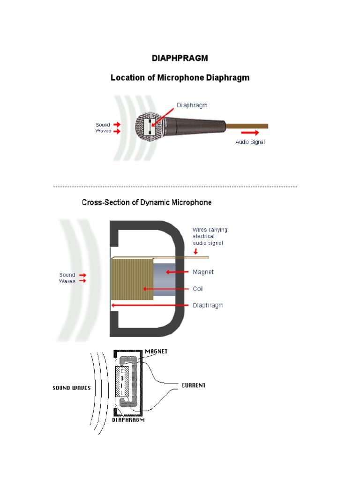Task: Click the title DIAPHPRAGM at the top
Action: pos(180,59)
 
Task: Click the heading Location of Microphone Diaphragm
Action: pos(180,78)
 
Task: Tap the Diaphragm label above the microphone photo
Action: pos(192,105)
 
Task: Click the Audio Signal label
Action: pos(250,142)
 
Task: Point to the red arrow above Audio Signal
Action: pos(250,133)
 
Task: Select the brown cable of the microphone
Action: pos(247,126)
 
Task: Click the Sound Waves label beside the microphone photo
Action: pos(103,128)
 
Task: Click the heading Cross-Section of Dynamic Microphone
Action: pos(146,202)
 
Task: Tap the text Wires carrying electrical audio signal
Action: pos(210,236)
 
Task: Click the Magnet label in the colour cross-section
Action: pos(203,272)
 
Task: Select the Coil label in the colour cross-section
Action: pos(198,289)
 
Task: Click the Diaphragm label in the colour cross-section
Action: pos(208,305)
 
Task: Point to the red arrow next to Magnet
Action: pos(179,272)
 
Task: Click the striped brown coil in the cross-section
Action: pos(133,280)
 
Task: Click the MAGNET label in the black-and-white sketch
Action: pos(157,351)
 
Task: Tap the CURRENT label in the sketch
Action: pos(193,385)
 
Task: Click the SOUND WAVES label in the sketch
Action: pos(71,388)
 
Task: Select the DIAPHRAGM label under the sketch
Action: pos(128,420)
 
